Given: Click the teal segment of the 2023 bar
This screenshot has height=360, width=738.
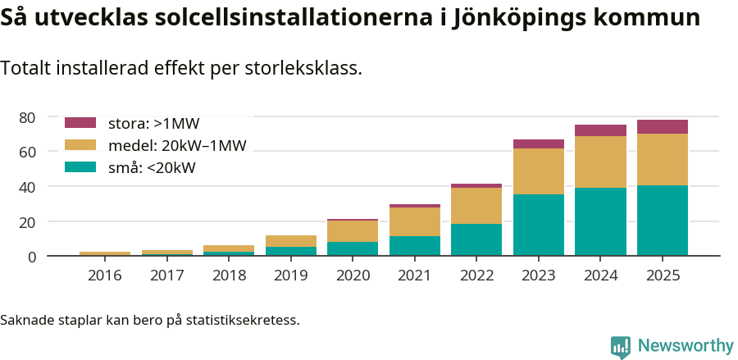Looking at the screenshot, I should tap(539, 225).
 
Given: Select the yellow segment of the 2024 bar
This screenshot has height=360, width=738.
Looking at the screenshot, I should tap(600, 162).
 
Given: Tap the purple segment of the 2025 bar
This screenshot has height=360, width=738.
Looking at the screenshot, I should tap(663, 126).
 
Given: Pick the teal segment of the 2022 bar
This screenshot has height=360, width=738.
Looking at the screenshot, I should tap(476, 239).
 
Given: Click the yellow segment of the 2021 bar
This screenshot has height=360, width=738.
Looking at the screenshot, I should tap(414, 221).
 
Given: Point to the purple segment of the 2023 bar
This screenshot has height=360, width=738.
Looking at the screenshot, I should tap(539, 144).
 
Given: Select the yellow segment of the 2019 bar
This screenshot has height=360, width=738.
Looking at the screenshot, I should tap(290, 241).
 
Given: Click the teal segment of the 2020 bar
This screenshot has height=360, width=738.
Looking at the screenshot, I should tap(353, 248).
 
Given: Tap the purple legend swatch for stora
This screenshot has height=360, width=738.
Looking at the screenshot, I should tap(80, 123).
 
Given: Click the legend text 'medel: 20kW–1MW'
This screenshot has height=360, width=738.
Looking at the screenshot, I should tap(177, 146).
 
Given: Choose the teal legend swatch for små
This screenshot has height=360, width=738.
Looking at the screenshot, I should tap(80, 167).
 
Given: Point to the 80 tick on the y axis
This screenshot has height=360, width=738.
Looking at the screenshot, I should tap(28, 117).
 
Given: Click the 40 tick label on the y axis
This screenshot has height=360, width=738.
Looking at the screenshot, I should tap(28, 187).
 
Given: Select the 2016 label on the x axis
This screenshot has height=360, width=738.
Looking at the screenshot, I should tap(105, 276).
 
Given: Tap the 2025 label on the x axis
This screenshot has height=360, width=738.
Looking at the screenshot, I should tap(663, 276).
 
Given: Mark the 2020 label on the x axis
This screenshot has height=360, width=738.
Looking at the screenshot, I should tap(353, 276).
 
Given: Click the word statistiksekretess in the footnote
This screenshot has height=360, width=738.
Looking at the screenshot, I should tap(243, 319).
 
